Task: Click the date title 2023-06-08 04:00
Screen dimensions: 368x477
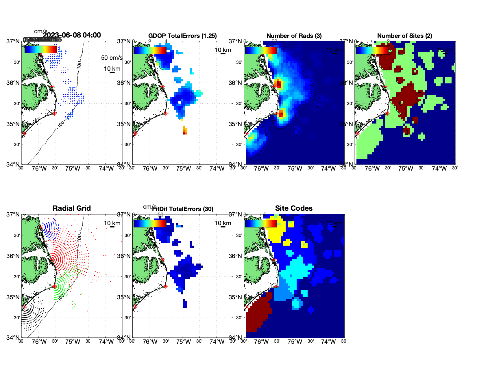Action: point(72,35)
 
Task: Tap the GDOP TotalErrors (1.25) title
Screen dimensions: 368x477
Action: point(182,36)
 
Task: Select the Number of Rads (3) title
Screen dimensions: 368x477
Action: point(294,36)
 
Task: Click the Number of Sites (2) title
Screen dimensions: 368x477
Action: point(404,36)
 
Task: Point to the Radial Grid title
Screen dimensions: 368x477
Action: point(72,208)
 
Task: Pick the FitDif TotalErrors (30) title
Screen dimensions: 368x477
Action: point(183,209)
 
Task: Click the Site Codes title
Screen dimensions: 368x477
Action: point(294,208)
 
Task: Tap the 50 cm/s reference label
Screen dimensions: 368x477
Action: point(112,58)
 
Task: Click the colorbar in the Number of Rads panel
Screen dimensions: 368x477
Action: point(261,50)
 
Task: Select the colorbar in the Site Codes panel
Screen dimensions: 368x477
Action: point(261,223)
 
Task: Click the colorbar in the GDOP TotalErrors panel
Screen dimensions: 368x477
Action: point(150,50)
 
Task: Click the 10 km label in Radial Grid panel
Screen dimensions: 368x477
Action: point(112,223)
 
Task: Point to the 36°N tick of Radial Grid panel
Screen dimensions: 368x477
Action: point(13,256)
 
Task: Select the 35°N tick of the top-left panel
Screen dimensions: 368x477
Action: point(13,124)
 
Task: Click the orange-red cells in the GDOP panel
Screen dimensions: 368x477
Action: point(185,131)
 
